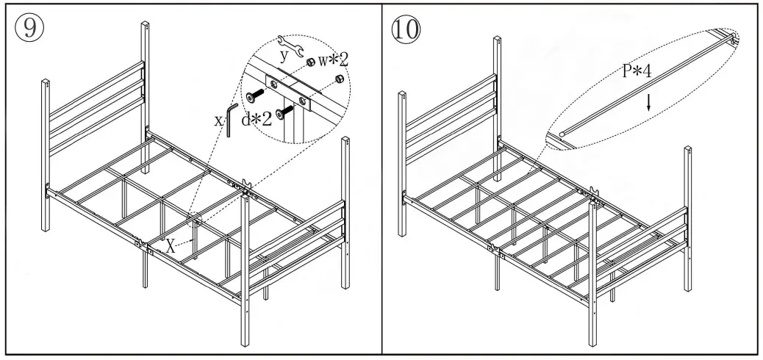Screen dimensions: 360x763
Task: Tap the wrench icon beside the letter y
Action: point(291,47)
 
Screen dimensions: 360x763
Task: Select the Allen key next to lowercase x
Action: point(229,120)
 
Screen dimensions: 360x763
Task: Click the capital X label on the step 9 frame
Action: point(170,245)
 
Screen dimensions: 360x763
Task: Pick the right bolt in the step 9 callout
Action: point(289,110)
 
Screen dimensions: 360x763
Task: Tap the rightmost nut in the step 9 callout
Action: point(339,79)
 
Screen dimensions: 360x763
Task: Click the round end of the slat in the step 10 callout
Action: point(562,134)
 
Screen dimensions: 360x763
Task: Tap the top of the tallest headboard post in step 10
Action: point(497,38)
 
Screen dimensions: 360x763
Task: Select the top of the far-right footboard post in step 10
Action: point(689,150)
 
